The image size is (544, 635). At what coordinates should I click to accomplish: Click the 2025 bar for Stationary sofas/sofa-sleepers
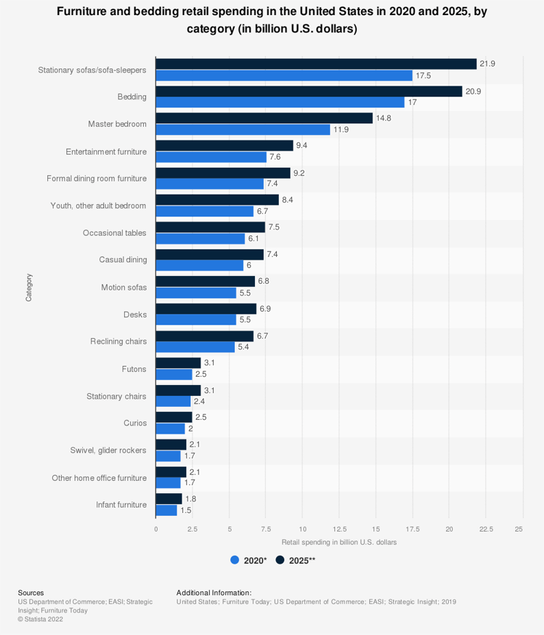[x=316, y=64]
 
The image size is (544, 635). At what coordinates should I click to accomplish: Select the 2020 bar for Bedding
[x=280, y=102]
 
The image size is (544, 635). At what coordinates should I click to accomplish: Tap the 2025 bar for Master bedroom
[x=264, y=119]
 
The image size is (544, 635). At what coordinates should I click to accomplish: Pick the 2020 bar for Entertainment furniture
[x=211, y=157]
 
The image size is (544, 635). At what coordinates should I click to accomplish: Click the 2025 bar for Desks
[x=206, y=309]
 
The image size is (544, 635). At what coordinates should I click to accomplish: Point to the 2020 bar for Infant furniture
[x=166, y=510]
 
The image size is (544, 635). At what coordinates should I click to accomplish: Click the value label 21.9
[x=487, y=64]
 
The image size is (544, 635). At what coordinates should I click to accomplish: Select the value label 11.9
[x=341, y=129]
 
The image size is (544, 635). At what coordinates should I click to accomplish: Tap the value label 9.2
[x=299, y=173]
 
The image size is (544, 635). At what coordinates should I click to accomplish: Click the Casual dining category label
[x=123, y=260]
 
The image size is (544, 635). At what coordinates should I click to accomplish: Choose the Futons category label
[x=134, y=369]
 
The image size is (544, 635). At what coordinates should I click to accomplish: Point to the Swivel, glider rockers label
[x=108, y=450]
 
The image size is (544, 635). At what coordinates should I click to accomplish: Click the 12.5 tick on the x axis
[x=339, y=529]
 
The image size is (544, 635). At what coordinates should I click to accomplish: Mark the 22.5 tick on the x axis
[x=486, y=529]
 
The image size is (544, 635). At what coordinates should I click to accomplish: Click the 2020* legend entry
[x=249, y=560]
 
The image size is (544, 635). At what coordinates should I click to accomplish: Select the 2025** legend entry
[x=295, y=560]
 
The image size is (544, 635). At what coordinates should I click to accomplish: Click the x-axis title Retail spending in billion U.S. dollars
[x=339, y=542]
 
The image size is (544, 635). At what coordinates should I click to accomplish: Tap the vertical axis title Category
[x=29, y=287]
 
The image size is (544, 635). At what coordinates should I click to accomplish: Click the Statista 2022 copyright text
[x=41, y=619]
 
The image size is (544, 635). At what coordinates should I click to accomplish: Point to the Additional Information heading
[x=214, y=593]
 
